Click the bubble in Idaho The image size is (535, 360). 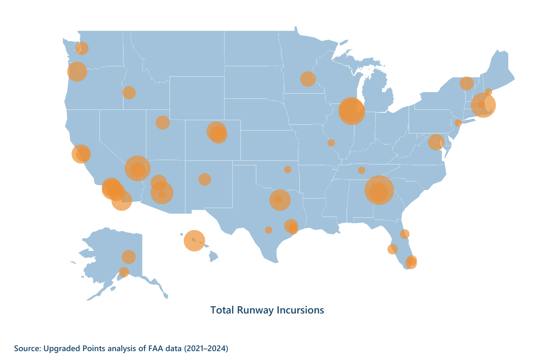(x=129, y=92)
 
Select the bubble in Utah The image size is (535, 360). (x=162, y=122)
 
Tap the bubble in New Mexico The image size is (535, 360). (x=204, y=179)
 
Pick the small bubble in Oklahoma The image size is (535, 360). (x=288, y=169)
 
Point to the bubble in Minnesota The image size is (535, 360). (x=308, y=79)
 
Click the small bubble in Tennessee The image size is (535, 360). (x=362, y=170)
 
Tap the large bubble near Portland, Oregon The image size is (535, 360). (x=77, y=71)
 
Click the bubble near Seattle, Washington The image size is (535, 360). (x=82, y=48)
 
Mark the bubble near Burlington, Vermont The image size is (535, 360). (x=466, y=83)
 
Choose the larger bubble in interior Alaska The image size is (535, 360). (x=129, y=256)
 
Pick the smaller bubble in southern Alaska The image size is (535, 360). (x=124, y=272)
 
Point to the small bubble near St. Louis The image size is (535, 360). (x=331, y=143)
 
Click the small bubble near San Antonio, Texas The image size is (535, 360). (x=269, y=230)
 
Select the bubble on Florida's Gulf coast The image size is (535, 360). (x=392, y=249)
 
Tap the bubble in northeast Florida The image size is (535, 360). (x=405, y=234)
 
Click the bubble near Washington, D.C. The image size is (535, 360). (x=436, y=142)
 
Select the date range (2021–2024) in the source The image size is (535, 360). (x=206, y=348)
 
